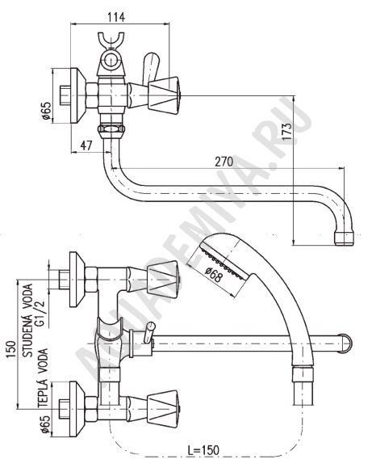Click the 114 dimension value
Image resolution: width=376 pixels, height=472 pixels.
tap(116, 17)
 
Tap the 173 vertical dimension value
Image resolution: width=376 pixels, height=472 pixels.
tap(286, 131)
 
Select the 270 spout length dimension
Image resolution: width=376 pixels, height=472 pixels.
tap(224, 162)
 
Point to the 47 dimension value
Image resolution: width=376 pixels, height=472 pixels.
tap(86, 146)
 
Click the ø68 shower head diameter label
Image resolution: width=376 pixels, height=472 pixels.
tap(214, 275)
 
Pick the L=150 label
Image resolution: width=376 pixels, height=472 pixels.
tap(203, 450)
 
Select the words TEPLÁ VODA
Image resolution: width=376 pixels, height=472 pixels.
tap(44, 378)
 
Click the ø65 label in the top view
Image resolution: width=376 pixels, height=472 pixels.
tap(47, 111)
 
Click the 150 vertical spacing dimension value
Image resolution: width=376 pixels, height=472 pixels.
tap(11, 349)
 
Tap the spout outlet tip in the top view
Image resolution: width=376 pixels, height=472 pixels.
tap(345, 238)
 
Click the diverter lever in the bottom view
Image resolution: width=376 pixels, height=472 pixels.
tap(149, 332)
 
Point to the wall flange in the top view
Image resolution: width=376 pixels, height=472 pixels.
tap(78, 95)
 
